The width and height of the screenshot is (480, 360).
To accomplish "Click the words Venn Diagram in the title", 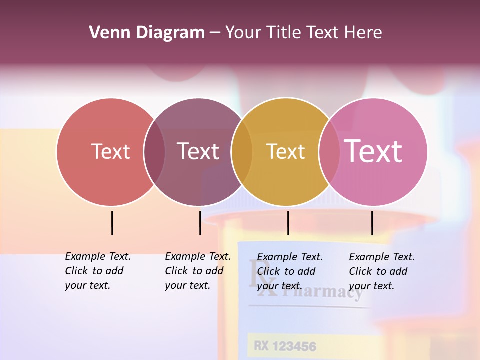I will click(x=146, y=33).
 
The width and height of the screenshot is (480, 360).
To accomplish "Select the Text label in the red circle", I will click(x=110, y=151).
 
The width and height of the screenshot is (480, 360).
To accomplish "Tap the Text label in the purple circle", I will click(x=198, y=151).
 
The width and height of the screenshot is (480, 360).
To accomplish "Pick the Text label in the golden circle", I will click(x=285, y=151).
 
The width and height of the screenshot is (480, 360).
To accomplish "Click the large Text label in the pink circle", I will click(x=373, y=151).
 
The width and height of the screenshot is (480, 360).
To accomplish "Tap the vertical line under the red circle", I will click(x=112, y=223).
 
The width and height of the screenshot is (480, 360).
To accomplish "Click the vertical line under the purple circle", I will click(x=200, y=223).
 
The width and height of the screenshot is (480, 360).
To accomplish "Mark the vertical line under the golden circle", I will click(x=288, y=223).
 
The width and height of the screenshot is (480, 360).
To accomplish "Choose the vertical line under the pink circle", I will click(x=372, y=223).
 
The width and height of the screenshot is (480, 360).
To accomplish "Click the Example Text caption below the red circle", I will click(x=97, y=271).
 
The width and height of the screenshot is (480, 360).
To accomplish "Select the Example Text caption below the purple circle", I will click(x=197, y=271).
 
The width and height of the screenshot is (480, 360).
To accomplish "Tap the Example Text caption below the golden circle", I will click(x=289, y=271).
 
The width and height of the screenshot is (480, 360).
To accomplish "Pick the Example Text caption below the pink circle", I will click(x=381, y=271).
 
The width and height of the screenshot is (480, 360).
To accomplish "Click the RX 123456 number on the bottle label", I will click(x=284, y=346).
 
